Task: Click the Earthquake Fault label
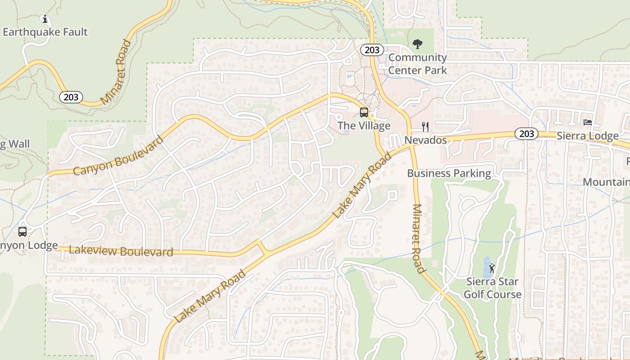pyautogui.click(x=45, y=32)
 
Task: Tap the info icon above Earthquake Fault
pyautogui.click(x=45, y=19)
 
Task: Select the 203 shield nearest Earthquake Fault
pyautogui.click(x=71, y=97)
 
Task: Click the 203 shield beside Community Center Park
pyautogui.click(x=372, y=49)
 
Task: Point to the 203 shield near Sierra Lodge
pyautogui.click(x=526, y=134)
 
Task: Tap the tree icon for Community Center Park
pyautogui.click(x=418, y=44)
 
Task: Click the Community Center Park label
pyautogui.click(x=418, y=64)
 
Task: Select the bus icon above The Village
pyautogui.click(x=364, y=112)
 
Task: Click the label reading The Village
pyautogui.click(x=364, y=126)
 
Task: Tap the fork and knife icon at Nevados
pyautogui.click(x=425, y=126)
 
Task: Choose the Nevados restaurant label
pyautogui.click(x=425, y=140)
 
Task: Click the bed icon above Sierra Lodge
pyautogui.click(x=587, y=122)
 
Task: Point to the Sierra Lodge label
pyautogui.click(x=587, y=136)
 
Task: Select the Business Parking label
pyautogui.click(x=449, y=173)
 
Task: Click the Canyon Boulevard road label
pyautogui.click(x=118, y=156)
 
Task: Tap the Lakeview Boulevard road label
pyautogui.click(x=121, y=251)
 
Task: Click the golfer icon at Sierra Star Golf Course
pyautogui.click(x=492, y=268)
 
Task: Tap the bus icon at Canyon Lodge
pyautogui.click(x=22, y=232)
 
